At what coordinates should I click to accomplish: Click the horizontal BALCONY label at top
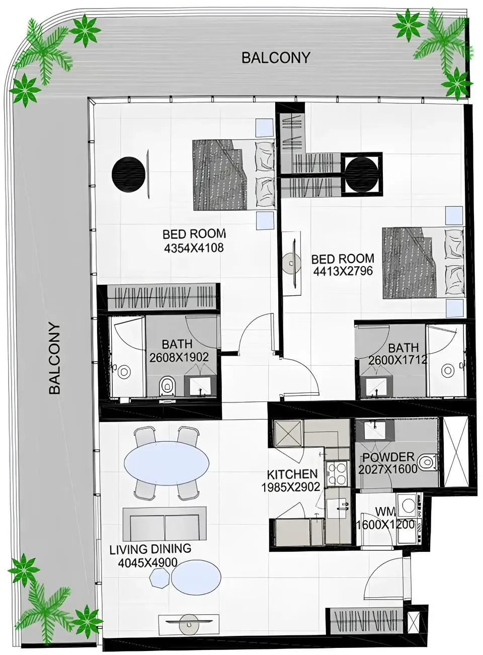click(x=275, y=57)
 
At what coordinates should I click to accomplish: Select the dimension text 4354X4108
click(x=193, y=248)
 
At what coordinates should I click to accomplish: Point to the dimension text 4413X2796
click(x=343, y=271)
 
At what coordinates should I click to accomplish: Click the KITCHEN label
click(x=292, y=474)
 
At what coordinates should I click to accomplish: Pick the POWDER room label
click(x=388, y=457)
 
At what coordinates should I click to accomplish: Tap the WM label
click(x=385, y=512)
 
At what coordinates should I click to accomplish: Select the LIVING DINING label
click(x=150, y=549)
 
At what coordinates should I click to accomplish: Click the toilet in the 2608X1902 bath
click(x=166, y=387)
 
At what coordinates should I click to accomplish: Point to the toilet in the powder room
click(x=427, y=461)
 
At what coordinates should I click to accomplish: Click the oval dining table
click(x=167, y=462)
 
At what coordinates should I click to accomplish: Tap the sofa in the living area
click(x=164, y=523)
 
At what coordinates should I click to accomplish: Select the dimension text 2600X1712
click(x=397, y=360)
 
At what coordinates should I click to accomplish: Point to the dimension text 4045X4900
click(x=147, y=562)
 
